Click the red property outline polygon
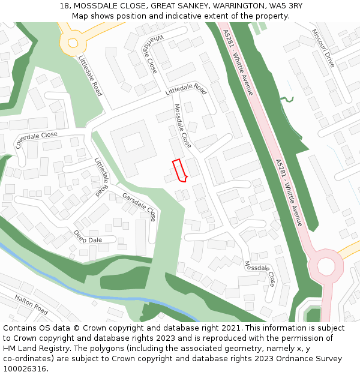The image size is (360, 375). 179,170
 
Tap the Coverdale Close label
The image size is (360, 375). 37,140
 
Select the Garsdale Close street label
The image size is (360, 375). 139,206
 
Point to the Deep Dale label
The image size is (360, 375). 88,236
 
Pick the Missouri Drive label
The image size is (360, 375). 323,48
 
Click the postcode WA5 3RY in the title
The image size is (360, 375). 286,6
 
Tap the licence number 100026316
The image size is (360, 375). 26,369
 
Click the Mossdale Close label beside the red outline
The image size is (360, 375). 182,126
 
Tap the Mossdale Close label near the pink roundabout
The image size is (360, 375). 260,272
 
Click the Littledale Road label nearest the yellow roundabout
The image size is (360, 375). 90,76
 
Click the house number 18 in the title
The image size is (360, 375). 64,6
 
